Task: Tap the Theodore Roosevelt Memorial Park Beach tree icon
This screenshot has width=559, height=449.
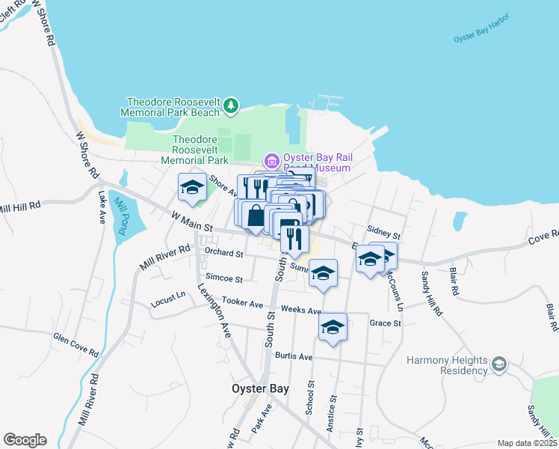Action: click(x=232, y=106)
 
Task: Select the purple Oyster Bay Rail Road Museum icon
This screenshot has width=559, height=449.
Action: click(x=271, y=161)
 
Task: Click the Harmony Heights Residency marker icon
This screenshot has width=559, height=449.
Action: click(x=498, y=364)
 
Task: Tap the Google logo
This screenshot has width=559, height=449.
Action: click(x=25, y=440)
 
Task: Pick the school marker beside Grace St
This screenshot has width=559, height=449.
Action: click(x=333, y=327)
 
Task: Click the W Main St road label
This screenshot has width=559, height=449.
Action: click(x=192, y=221)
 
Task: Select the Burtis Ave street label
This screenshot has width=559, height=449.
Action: click(x=294, y=356)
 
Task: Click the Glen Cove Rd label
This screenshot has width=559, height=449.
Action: click(x=75, y=343)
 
